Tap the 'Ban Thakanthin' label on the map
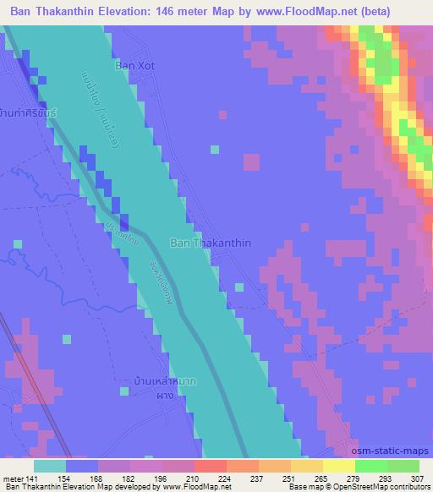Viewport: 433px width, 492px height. pyautogui.click(x=211, y=243)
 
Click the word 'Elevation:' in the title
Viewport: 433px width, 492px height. pyautogui.click(x=141, y=10)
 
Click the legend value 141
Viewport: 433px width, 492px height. pyautogui.click(x=33, y=478)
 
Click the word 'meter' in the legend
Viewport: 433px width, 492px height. pyautogui.click(x=13, y=478)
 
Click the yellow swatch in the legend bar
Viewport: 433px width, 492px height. pyautogui.click(x=338, y=465)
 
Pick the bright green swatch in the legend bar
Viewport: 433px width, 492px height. pyautogui.click(x=370, y=465)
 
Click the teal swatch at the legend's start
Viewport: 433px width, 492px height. pyautogui.click(x=48, y=465)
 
